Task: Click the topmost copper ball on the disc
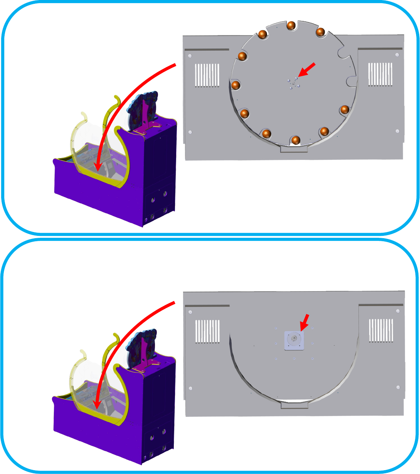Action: coord(291,25)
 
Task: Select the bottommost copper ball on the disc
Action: coord(295,140)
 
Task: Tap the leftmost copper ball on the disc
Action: coord(236,85)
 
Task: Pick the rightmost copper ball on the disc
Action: coord(345,109)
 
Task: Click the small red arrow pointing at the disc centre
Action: coord(307,70)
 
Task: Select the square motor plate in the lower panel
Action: coord(294,340)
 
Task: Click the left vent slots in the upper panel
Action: coord(207,75)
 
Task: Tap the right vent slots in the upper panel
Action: coord(380,74)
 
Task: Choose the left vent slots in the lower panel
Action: coord(208,331)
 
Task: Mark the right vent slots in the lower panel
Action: coord(381,330)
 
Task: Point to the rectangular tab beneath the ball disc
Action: coord(294,149)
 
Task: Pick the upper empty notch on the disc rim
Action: coord(341,52)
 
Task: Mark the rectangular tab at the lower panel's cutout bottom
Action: coord(294,405)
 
